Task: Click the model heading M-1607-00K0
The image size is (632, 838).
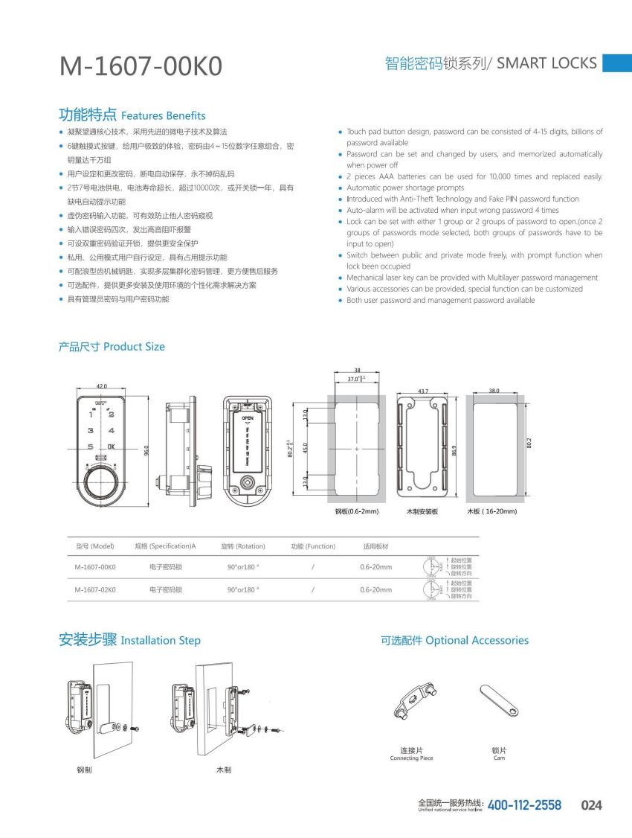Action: click(141, 66)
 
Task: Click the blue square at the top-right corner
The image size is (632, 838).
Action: click(616, 63)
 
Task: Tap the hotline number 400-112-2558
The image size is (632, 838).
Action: click(524, 805)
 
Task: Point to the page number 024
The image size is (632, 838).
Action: click(591, 805)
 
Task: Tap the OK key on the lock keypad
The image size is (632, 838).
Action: click(111, 447)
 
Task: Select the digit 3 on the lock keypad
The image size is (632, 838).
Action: click(91, 430)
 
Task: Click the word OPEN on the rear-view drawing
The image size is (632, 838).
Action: click(248, 418)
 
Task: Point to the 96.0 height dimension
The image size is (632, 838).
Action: click(146, 450)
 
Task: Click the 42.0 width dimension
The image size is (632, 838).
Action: click(101, 386)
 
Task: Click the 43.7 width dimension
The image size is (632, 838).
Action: click(423, 391)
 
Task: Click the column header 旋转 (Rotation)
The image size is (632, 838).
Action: click(243, 546)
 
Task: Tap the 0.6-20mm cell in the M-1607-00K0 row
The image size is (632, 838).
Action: click(375, 567)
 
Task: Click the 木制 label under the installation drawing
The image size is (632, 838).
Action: click(223, 770)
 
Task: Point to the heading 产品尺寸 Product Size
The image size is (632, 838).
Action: click(112, 347)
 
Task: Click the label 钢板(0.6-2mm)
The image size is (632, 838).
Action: click(357, 511)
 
